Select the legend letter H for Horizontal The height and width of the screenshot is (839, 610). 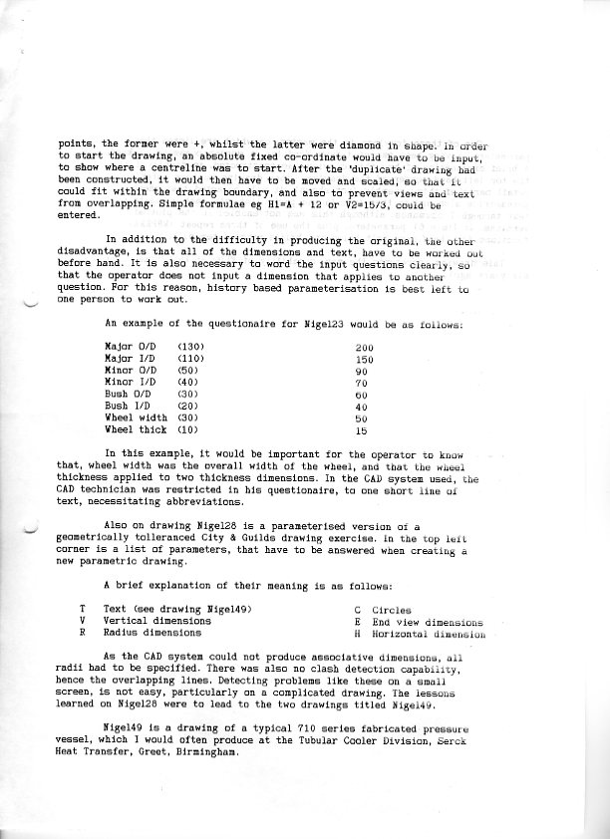coord(357,633)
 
